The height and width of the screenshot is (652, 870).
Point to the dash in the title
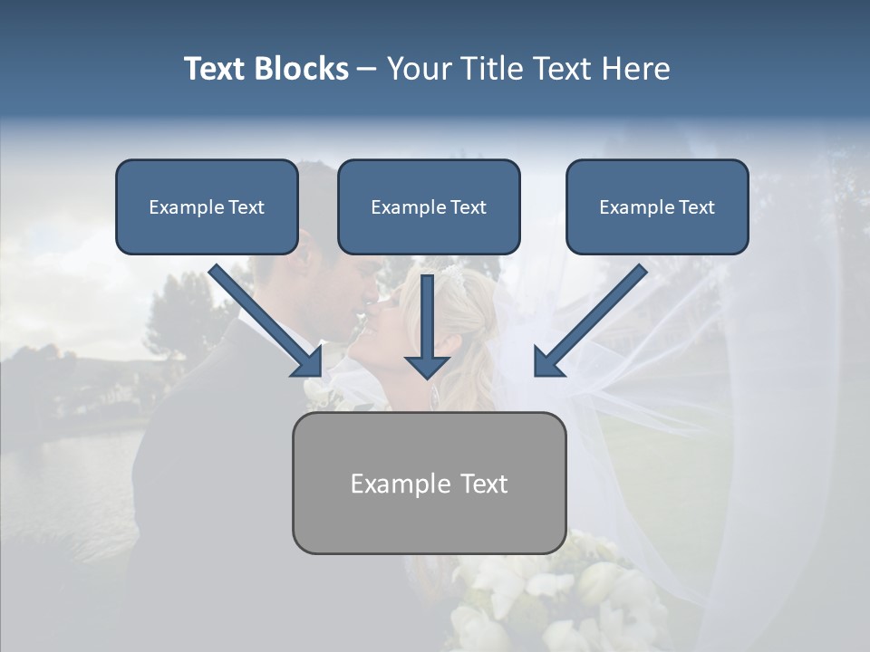pyautogui.click(x=368, y=70)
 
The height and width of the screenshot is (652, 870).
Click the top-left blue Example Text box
pyautogui.click(x=207, y=207)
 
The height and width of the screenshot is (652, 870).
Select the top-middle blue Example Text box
pyautogui.click(x=429, y=207)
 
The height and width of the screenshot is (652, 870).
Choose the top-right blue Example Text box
pyautogui.click(x=657, y=207)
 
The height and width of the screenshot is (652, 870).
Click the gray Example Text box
pyautogui.click(x=429, y=483)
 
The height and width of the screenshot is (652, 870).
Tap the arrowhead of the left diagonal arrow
pyautogui.click(x=308, y=361)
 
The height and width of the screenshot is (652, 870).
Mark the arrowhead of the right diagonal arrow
pyautogui.click(x=548, y=361)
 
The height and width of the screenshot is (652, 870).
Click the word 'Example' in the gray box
pyautogui.click(x=388, y=484)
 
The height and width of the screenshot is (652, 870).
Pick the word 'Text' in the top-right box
pyautogui.click(x=697, y=207)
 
